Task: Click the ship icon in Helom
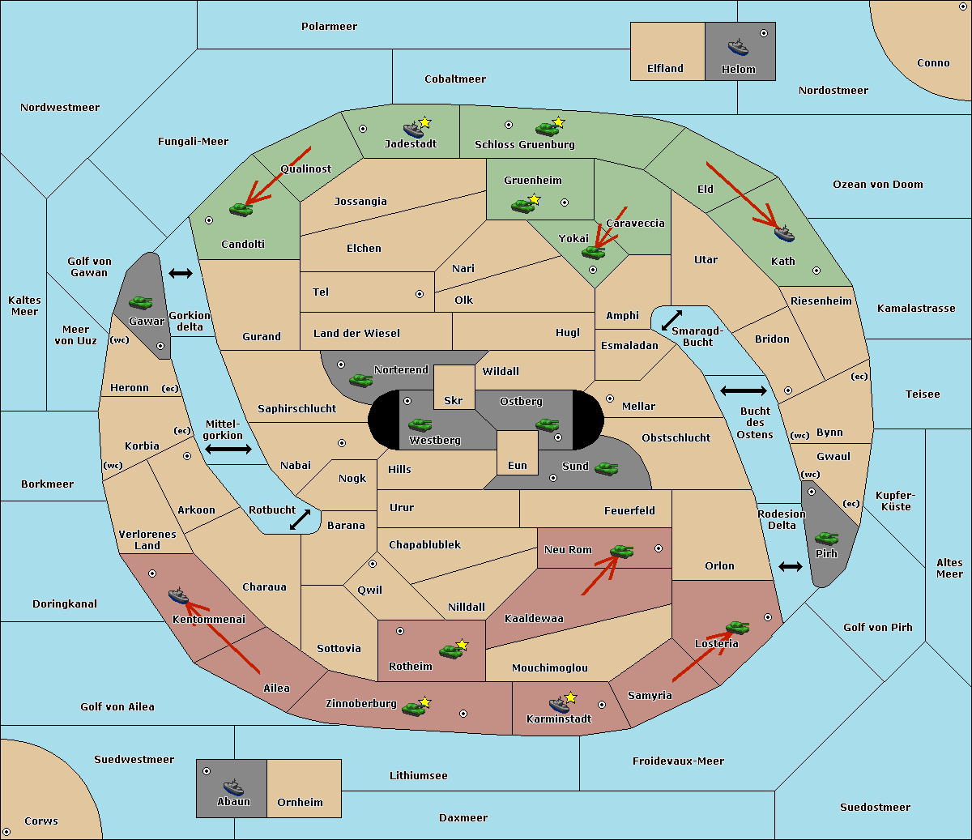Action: [738, 47]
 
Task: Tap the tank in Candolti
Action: [241, 209]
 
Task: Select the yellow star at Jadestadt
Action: [424, 122]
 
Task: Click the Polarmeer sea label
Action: [329, 27]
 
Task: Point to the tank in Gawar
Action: [141, 302]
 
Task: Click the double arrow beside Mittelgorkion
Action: [228, 449]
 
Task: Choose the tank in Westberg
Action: [420, 424]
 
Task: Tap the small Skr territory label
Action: [453, 400]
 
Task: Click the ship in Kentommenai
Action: [178, 595]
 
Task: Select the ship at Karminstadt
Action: [559, 704]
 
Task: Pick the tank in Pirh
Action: [826, 538]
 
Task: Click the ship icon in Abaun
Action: [234, 787]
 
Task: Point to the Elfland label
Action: [665, 68]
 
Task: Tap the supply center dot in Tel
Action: [420, 294]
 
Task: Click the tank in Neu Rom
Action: [621, 551]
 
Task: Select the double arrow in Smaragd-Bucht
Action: [671, 320]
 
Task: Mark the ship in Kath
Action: [784, 233]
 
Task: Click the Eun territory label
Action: [518, 465]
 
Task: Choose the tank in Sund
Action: [606, 468]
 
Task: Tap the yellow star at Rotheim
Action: [462, 644]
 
